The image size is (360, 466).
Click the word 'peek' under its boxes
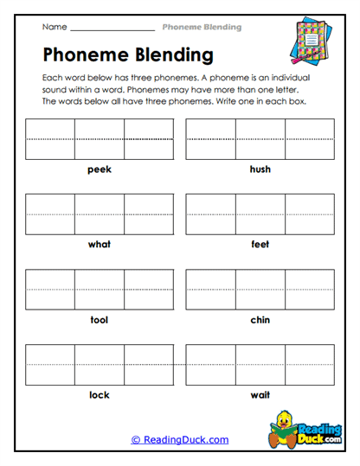pos(100,169)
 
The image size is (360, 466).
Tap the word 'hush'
pos(260,169)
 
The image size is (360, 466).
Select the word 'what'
pos(100,245)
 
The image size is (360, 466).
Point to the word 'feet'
pos(260,245)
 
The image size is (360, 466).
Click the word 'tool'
pos(100,320)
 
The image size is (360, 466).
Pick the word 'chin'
pos(260,320)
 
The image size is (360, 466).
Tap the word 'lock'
pos(100,395)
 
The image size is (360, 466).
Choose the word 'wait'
pos(260,395)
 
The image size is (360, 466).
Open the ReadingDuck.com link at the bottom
pos(180,440)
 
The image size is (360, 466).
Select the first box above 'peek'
pos(50,139)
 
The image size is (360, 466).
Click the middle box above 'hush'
pos(260,139)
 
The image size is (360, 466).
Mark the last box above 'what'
pos(149,214)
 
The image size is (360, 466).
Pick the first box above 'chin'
pos(210,290)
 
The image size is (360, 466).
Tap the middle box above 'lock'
pos(100,365)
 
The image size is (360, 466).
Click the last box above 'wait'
pos(309,365)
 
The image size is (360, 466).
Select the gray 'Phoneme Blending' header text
pos(202,28)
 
